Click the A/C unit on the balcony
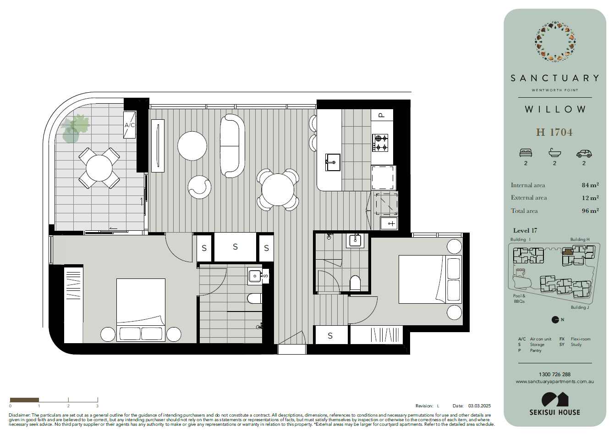coord(129,125)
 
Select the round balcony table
coord(99,168)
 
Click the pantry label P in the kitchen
coord(382,115)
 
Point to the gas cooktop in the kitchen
coord(380,143)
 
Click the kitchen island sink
coord(333,162)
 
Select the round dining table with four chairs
coord(278,189)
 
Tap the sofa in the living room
coord(232,146)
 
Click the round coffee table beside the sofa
coord(192,146)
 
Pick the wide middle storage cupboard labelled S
coord(235,247)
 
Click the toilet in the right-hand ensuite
coord(355,284)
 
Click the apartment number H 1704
coord(554,132)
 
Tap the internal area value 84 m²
coord(590,185)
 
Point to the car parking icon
coord(584,154)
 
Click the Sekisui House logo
coord(555,404)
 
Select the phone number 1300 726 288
coord(554,374)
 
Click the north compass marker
coord(555,320)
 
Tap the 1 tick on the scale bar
coord(39,400)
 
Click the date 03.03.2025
coord(479,406)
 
